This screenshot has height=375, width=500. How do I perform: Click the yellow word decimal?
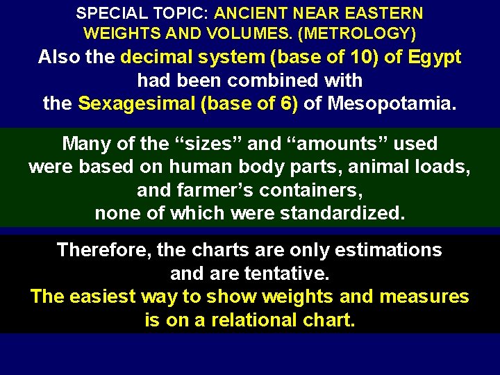(x=156, y=57)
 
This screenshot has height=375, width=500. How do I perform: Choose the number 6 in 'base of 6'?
(x=290, y=104)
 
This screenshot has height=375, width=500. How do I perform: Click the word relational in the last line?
(x=262, y=320)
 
